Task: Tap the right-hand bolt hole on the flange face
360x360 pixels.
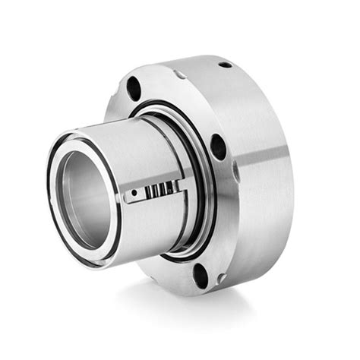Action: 218,147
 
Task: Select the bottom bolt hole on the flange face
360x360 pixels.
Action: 201,275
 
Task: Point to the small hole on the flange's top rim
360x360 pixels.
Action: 225,65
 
